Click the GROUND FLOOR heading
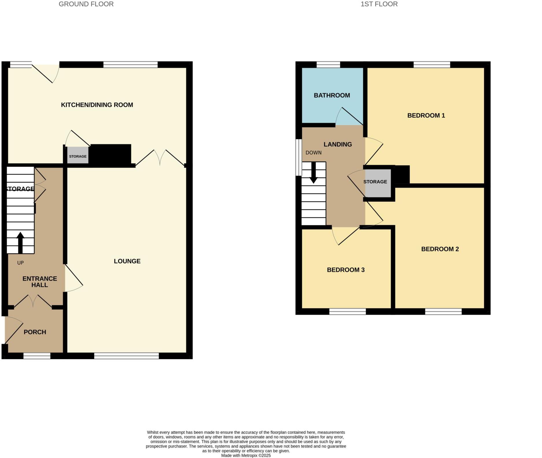[86, 4]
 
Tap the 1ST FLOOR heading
[379, 4]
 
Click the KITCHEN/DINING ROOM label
[97, 105]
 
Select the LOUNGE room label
[127, 261]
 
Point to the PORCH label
[35, 332]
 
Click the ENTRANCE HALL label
[40, 282]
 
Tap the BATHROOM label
[332, 95]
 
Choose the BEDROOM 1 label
[426, 116]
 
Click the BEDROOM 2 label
[440, 249]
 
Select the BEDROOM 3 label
[346, 270]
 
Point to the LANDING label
[338, 144]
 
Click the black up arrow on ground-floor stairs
[20, 243]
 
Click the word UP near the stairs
[20, 263]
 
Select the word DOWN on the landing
[314, 153]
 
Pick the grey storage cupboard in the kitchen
[77, 155]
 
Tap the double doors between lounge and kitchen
[160, 158]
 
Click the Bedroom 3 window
[347, 312]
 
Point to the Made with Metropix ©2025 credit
[246, 455]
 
